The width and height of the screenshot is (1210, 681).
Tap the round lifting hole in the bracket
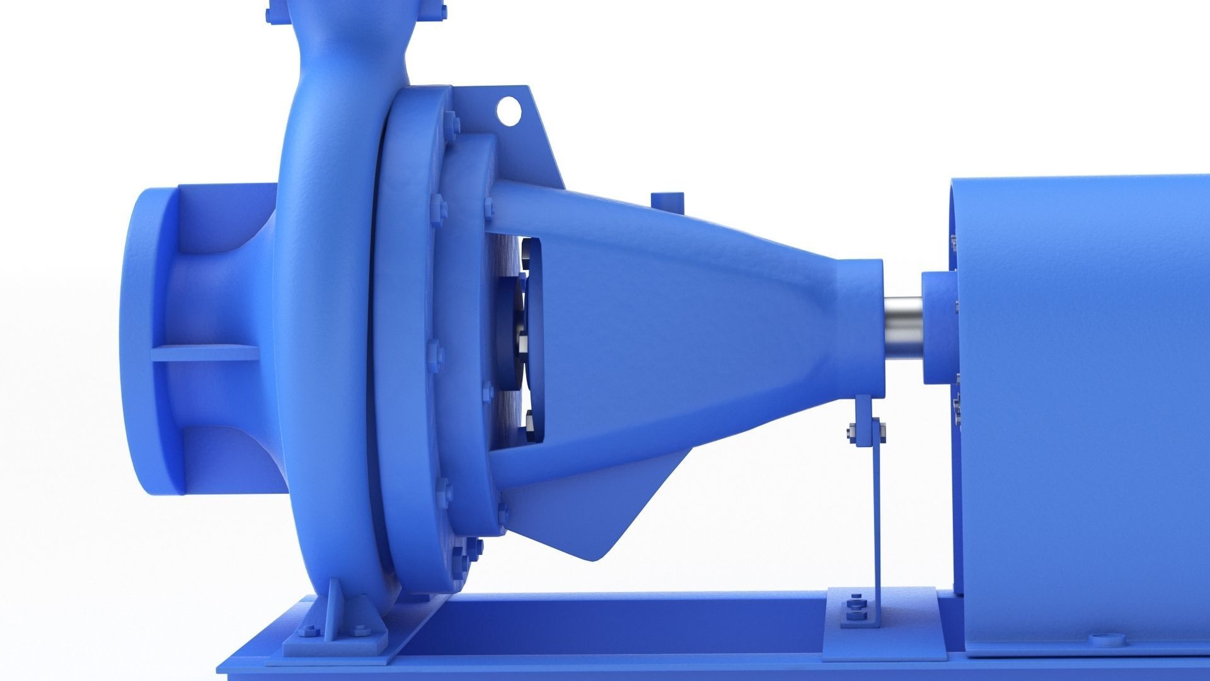[509, 110]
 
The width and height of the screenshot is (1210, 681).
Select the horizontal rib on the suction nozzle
[205, 353]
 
